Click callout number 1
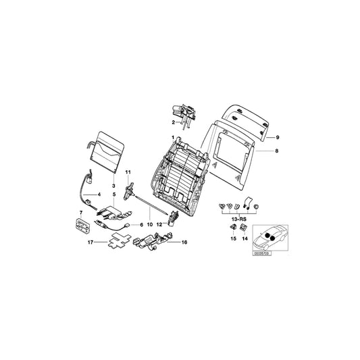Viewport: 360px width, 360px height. [172, 138]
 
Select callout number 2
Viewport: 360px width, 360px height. [172, 123]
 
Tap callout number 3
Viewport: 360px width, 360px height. [114, 185]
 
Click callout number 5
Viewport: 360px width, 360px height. [114, 195]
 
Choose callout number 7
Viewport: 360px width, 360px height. [82, 213]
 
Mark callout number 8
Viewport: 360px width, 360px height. [276, 152]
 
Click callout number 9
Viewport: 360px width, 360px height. [277, 137]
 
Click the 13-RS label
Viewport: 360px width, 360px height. [237, 220]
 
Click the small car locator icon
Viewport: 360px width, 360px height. [268, 237]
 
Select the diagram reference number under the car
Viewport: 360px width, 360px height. [261, 253]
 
